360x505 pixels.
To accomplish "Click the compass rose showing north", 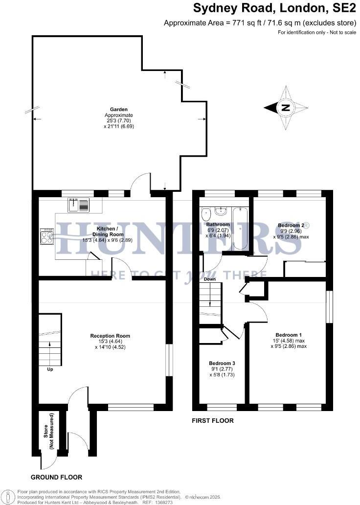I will click(x=286, y=108).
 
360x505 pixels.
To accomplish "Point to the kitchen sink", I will click(x=79, y=205).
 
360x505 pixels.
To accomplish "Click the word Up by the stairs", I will click(x=50, y=369).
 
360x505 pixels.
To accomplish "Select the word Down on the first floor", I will click(x=210, y=279).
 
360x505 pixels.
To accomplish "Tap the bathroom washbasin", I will click(x=221, y=211).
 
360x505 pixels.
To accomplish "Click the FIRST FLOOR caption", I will click(x=213, y=420).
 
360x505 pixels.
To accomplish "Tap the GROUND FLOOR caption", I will click(x=57, y=477).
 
